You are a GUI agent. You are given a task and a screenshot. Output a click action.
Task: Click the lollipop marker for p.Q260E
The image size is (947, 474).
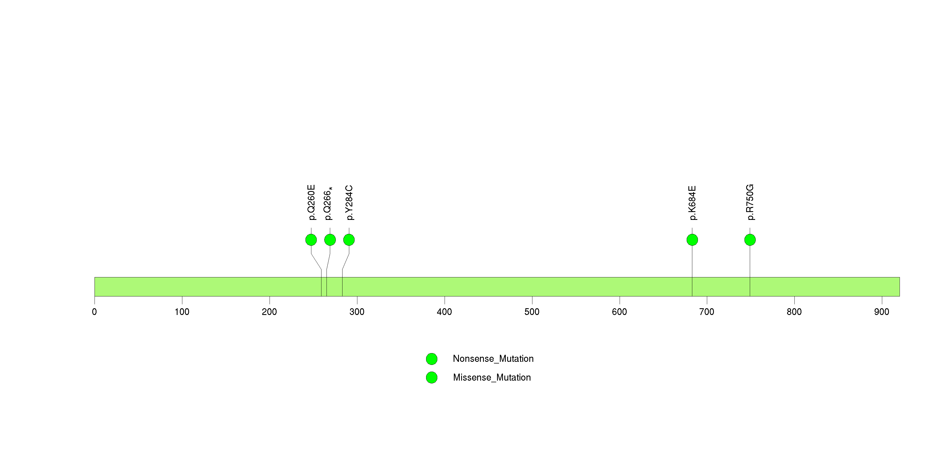tap(311, 240)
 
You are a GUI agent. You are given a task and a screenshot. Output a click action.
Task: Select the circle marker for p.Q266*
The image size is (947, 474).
tap(330, 240)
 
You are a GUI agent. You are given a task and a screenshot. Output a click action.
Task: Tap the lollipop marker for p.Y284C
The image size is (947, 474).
tap(349, 240)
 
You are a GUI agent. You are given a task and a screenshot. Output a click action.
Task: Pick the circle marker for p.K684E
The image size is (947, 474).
tap(692, 240)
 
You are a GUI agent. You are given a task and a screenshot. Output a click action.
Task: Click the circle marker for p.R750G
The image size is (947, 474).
tap(750, 240)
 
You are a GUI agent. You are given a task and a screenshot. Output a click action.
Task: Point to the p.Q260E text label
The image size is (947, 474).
tap(311, 203)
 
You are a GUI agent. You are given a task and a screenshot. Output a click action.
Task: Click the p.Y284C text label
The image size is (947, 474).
tap(349, 203)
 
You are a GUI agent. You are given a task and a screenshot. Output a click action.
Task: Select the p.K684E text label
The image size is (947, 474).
tap(693, 203)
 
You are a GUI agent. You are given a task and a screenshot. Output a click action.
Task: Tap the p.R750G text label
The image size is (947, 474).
tap(750, 202)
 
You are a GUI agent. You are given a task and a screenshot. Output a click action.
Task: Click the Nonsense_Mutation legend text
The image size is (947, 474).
tap(493, 359)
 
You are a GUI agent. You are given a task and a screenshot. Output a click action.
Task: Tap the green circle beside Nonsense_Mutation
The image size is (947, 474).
tap(432, 359)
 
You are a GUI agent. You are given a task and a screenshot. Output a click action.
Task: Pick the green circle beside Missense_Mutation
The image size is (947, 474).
tap(432, 377)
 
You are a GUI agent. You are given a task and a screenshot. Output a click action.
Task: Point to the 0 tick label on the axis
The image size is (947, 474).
tap(95, 312)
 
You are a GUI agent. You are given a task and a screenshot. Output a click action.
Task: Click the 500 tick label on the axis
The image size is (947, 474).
tap(532, 312)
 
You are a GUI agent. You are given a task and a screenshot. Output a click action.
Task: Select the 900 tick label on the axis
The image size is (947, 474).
tap(882, 312)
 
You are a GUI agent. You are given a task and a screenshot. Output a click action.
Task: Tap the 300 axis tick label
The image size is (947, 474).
tap(357, 312)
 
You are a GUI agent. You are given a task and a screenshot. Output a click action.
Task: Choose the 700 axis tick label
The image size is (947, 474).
tap(707, 312)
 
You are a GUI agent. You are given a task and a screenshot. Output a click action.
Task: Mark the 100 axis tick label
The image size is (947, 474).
tap(182, 312)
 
